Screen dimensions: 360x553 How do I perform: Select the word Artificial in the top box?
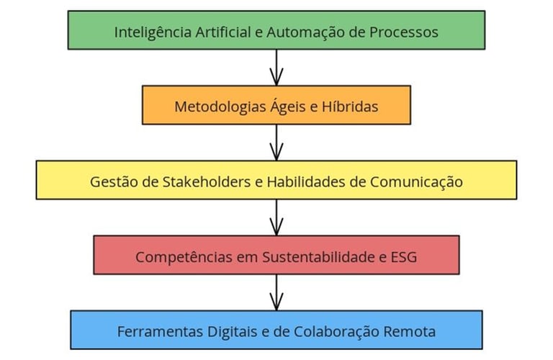[220, 32]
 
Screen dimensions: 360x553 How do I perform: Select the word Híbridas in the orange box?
[351, 107]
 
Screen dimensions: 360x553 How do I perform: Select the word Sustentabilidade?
[309, 256]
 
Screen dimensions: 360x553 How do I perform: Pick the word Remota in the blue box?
[410, 332]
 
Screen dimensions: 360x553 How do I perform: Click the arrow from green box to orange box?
[276, 68]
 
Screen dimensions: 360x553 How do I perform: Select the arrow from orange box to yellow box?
[276, 143]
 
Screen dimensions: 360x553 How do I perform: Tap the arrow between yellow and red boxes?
[276, 217]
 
